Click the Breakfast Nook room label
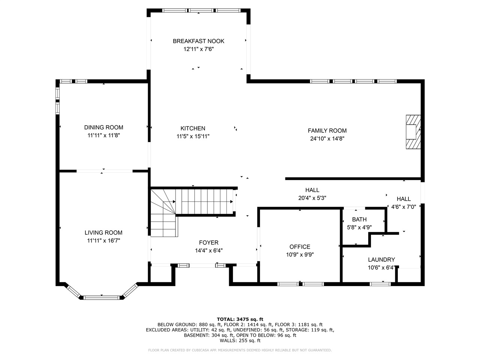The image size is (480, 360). [198, 41]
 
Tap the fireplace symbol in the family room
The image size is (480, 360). [413, 132]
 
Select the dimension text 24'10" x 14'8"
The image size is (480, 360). [327, 138]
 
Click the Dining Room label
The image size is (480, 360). [103, 127]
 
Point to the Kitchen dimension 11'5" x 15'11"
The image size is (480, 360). [193, 136]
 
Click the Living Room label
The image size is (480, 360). [103, 232]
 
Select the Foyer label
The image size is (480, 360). [208, 243]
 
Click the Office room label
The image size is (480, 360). [300, 247]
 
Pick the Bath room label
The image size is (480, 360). [359, 219]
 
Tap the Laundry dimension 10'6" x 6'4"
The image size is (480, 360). [381, 268]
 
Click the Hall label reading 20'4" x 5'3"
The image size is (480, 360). [312, 190]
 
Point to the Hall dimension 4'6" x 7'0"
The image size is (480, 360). [403, 207]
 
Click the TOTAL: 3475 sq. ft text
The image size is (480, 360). [240, 319]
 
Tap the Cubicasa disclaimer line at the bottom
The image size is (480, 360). [240, 350]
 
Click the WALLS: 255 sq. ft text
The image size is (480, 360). [240, 340]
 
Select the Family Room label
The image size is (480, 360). [327, 130]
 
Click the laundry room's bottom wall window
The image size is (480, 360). [380, 284]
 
